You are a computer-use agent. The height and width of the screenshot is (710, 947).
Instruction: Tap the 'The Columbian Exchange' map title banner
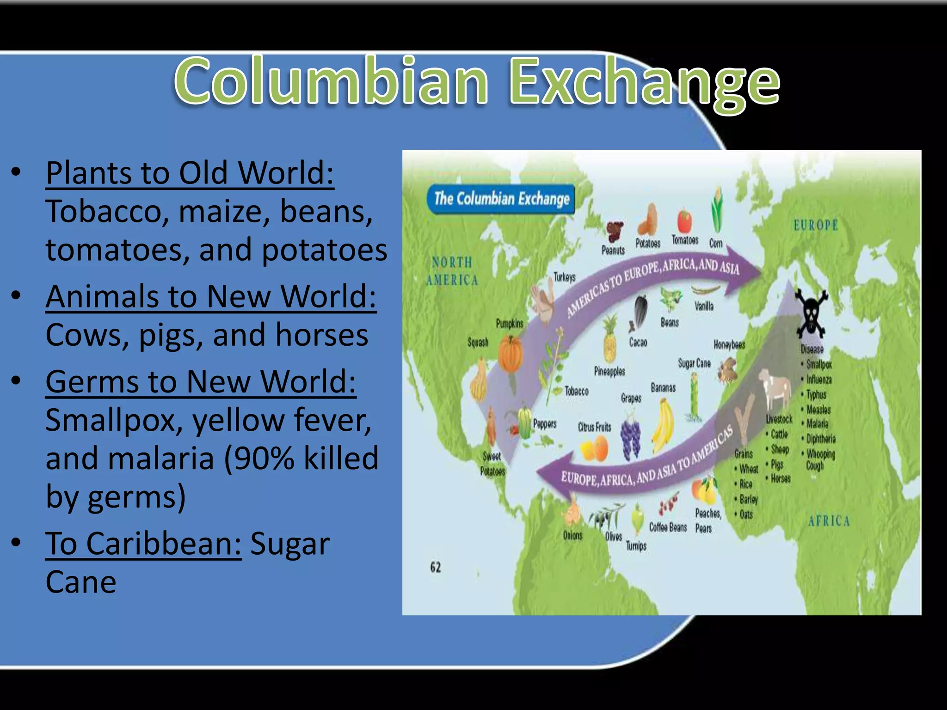pos(501,199)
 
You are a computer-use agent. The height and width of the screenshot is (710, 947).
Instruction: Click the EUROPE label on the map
pos(816,226)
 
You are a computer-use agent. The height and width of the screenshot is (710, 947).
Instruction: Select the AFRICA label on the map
pos(829,521)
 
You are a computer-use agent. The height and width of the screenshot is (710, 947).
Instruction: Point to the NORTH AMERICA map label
pos(452,271)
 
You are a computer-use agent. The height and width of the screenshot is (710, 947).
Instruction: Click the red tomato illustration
pos(685,221)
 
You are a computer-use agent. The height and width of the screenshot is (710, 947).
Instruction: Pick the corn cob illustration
pos(717,210)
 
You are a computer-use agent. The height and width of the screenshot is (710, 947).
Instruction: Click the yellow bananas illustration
pos(663,426)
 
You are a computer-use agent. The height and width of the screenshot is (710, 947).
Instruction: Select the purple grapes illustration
pos(631,439)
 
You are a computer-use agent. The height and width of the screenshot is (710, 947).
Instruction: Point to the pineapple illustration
pos(610,340)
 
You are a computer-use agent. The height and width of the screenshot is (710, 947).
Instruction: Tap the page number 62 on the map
pos(436,567)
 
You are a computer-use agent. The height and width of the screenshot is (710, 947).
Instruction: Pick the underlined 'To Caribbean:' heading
pos(143,544)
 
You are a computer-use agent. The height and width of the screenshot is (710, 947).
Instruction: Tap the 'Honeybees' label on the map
pos(729,344)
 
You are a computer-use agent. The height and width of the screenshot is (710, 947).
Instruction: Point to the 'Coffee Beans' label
pos(668,527)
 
